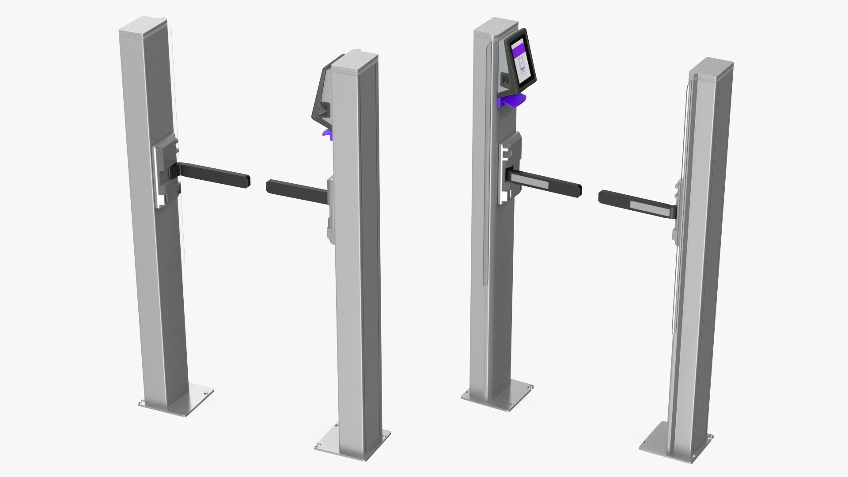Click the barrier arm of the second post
point(296,191)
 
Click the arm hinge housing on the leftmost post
point(166,174)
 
